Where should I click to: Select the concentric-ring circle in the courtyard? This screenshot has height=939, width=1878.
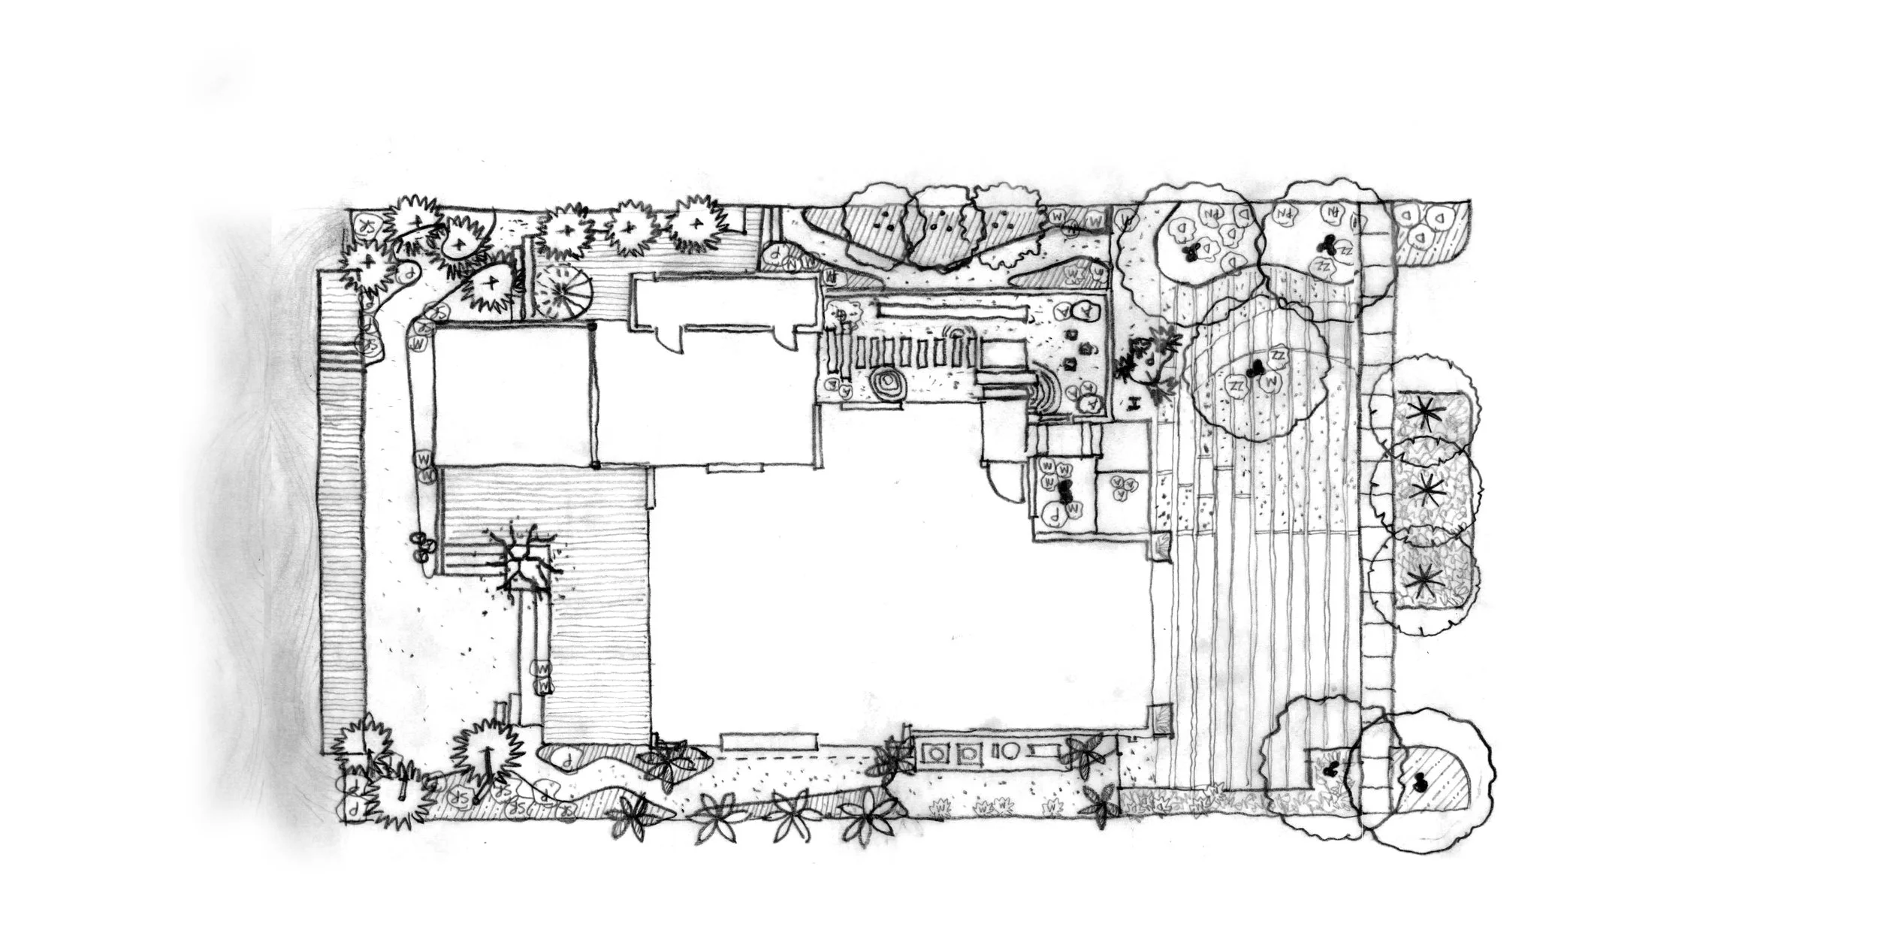(889, 385)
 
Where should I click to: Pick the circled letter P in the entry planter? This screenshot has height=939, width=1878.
(1052, 515)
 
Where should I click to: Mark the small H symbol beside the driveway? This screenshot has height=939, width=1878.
(1137, 403)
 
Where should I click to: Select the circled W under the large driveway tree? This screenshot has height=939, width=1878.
(1271, 383)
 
